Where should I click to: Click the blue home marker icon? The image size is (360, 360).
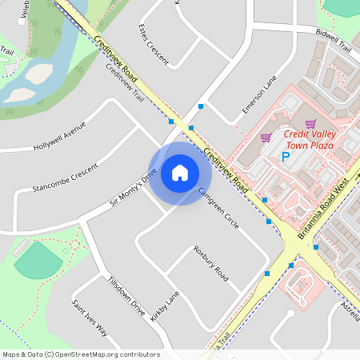(x=180, y=172)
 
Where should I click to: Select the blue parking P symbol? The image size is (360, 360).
(x=285, y=157)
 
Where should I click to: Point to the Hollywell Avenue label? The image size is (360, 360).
(x=59, y=137)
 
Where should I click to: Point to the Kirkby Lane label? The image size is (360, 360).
(x=165, y=306)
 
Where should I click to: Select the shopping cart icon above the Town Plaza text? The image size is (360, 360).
(x=311, y=124)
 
